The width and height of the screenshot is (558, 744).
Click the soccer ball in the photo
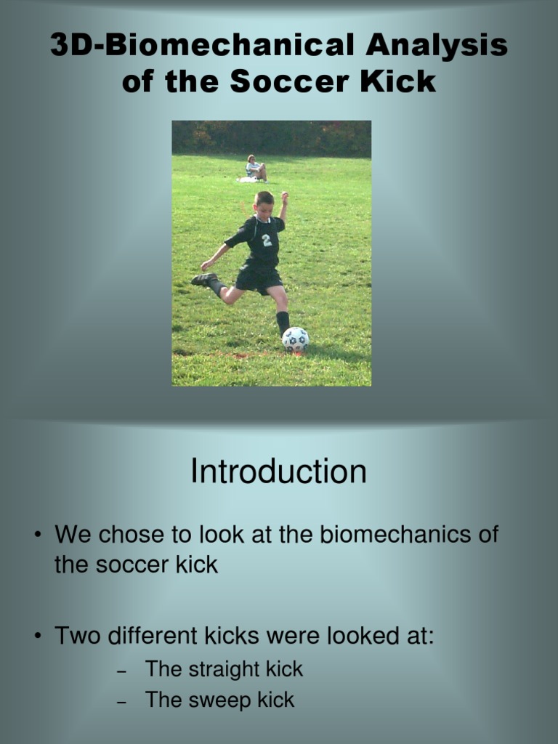(295, 339)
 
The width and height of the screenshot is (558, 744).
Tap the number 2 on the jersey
(267, 240)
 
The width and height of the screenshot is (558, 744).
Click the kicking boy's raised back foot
(203, 279)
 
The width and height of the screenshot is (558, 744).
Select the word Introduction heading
(278, 472)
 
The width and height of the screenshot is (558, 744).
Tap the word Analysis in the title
(436, 45)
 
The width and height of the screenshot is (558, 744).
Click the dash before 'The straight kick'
(122, 671)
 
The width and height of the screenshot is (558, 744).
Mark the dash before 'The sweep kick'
(122, 702)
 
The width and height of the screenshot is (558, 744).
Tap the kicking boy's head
(264, 203)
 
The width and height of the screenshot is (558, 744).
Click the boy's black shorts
(259, 278)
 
